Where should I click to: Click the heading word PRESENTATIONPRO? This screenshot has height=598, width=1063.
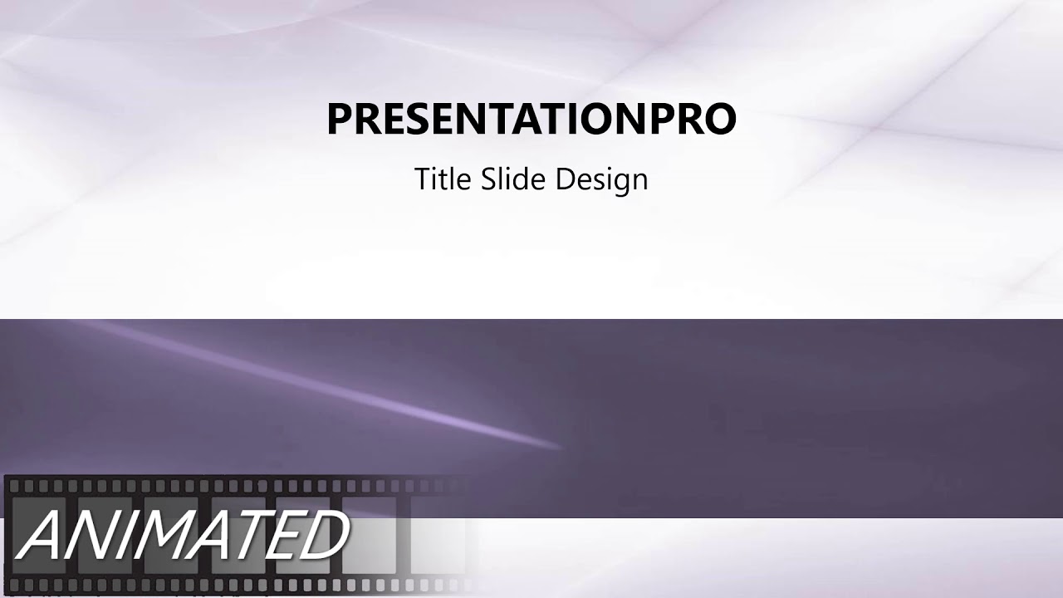pyautogui.click(x=531, y=119)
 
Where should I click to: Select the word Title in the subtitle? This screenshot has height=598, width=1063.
pyautogui.click(x=443, y=179)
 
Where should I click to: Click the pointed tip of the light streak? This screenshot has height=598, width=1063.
pyautogui.click(x=561, y=448)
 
